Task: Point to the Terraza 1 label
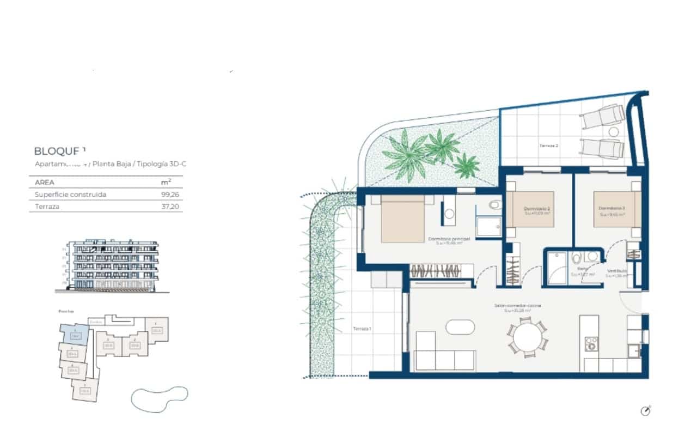click(x=362, y=329)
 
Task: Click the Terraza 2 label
click(x=549, y=146)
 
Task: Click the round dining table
click(x=527, y=338)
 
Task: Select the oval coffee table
click(x=460, y=327)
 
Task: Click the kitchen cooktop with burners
click(x=591, y=343)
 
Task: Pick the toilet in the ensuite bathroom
click(x=494, y=206)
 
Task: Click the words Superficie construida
click(x=70, y=195)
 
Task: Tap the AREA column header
click(x=45, y=183)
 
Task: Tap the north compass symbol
click(x=646, y=411)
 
